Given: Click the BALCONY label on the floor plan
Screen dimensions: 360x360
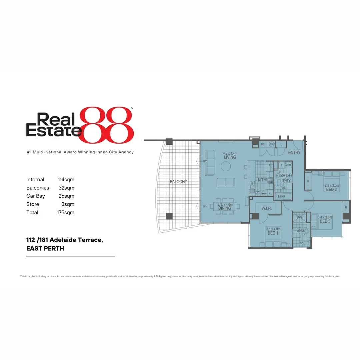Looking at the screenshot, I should click(x=178, y=182).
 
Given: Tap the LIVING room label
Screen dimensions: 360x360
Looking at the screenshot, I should click(x=230, y=157).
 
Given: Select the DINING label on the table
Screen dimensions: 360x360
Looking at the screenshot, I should click(x=224, y=208).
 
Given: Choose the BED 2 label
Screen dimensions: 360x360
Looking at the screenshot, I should click(x=331, y=190).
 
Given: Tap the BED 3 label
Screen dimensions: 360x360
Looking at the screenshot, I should click(x=325, y=221).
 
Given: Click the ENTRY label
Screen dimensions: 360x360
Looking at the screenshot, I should click(x=294, y=153).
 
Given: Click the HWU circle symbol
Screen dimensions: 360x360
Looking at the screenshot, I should click(x=272, y=144).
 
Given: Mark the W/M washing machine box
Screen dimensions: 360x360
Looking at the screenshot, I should click(x=288, y=165).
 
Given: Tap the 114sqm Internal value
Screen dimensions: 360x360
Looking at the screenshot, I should click(x=66, y=180).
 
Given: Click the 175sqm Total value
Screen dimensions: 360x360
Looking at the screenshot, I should click(x=66, y=212).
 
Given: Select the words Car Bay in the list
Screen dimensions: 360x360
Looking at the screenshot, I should click(x=35, y=196).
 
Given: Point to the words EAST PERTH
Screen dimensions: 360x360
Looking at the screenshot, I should click(x=45, y=248).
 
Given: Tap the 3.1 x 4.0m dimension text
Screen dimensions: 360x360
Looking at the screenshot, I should click(x=273, y=229).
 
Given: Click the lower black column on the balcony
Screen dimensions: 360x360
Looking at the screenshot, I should click(x=169, y=216).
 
